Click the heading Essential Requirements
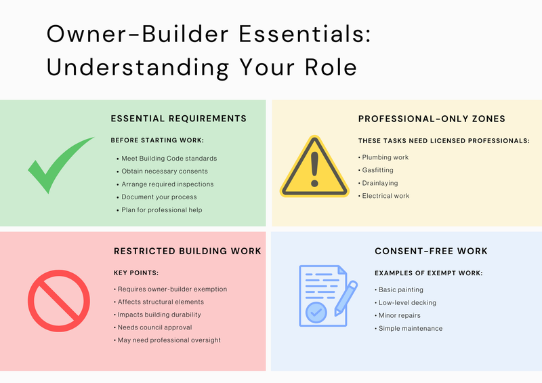click(x=179, y=119)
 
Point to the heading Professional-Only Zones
click(x=432, y=119)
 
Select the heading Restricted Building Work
click(x=188, y=251)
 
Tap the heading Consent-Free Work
click(x=431, y=251)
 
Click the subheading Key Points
click(x=136, y=273)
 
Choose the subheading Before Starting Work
click(x=157, y=140)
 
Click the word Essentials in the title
click(x=305, y=34)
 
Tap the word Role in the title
click(x=331, y=67)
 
